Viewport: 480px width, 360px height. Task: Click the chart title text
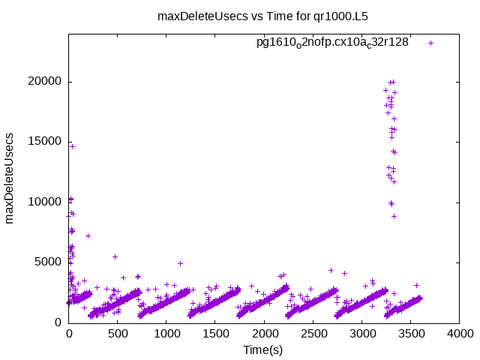tap(263, 16)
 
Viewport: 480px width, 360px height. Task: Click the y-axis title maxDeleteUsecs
tap(10, 178)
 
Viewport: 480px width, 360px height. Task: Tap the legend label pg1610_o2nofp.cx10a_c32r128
tap(332, 42)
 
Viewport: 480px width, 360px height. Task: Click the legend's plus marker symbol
tap(430, 43)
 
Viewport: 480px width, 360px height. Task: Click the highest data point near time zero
tap(72, 146)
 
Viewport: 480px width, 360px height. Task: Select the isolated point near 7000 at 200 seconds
tap(88, 235)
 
